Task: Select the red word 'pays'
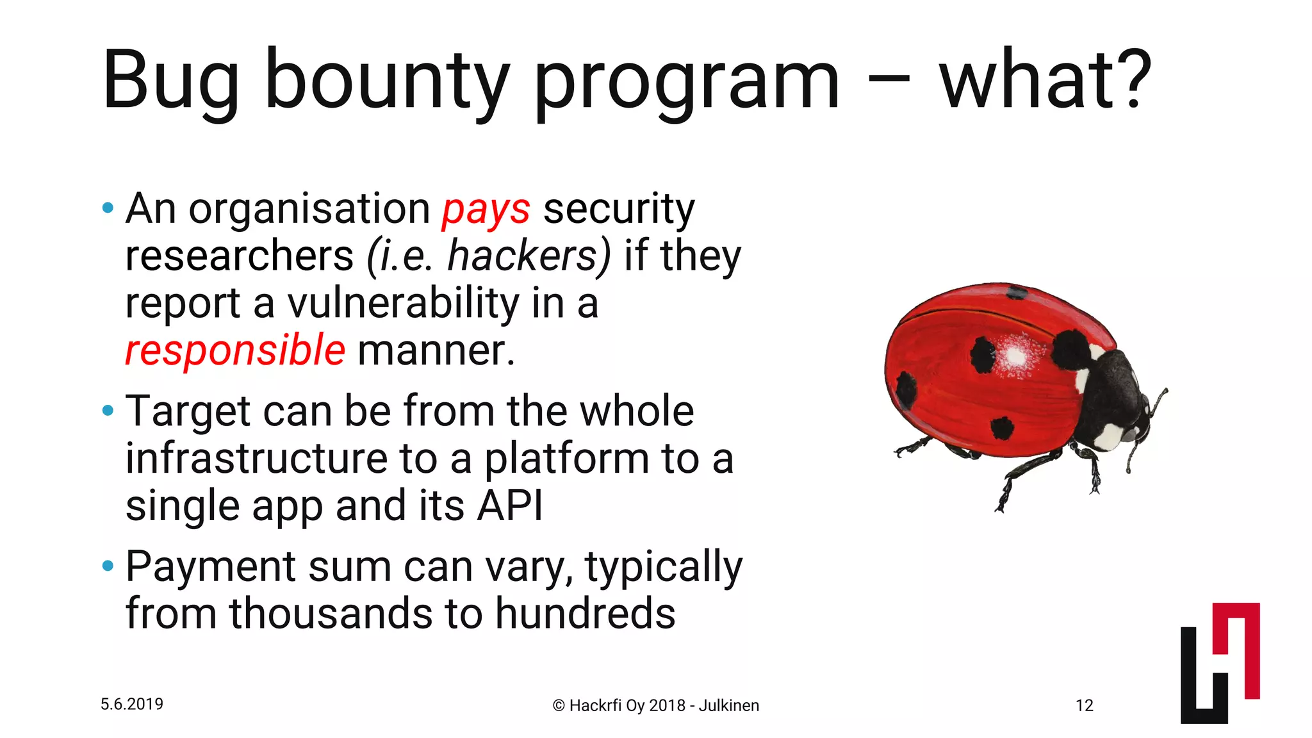(x=486, y=209)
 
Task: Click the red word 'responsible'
(x=235, y=350)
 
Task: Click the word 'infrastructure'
(x=256, y=458)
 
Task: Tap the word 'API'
(x=510, y=505)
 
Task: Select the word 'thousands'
(x=331, y=613)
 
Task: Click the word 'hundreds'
(x=585, y=613)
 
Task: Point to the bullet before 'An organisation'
(x=108, y=208)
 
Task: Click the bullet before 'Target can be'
(x=108, y=410)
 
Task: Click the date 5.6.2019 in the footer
(x=132, y=704)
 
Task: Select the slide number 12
(x=1084, y=705)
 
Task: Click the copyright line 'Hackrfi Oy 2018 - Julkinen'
(x=656, y=705)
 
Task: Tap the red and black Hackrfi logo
(x=1220, y=663)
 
